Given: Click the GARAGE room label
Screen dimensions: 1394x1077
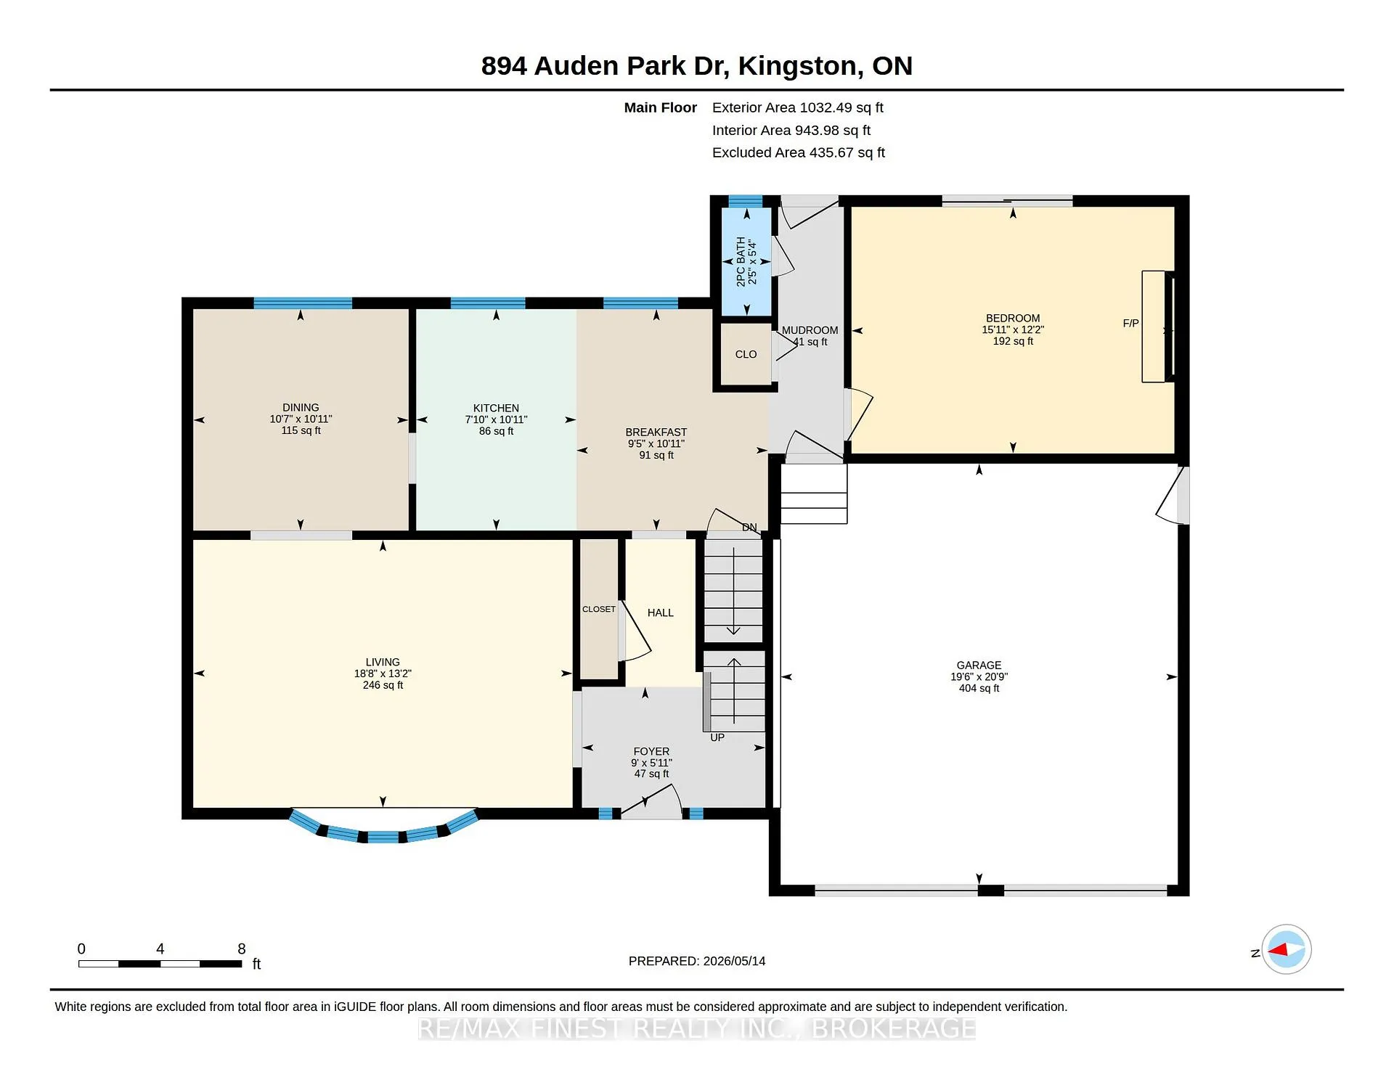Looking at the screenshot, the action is point(979,665).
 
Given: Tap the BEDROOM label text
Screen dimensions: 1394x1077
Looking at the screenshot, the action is point(1013,318).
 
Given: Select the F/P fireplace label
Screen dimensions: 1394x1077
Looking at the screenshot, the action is point(1130,324).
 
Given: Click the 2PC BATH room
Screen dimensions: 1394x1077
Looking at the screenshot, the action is point(746,261).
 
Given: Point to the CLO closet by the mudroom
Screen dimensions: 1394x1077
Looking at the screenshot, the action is point(746,354).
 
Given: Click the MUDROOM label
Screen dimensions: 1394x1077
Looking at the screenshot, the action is point(810,330).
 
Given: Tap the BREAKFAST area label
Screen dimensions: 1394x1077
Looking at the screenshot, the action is point(656,432).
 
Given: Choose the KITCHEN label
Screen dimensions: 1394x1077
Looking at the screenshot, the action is point(496,408).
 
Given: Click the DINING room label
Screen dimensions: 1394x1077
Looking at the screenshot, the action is point(301,407).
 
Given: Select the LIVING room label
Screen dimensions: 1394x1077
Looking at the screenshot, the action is point(383,662).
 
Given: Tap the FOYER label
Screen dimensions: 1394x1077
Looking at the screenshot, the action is point(651,751).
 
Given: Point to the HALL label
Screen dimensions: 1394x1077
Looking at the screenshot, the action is point(661,613).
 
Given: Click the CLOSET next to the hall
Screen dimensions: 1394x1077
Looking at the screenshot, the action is point(599,609).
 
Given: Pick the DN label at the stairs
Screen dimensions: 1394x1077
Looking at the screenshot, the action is point(749,528).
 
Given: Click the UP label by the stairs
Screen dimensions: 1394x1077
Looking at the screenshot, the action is point(717,737).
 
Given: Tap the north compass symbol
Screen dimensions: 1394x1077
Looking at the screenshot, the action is point(1286,949).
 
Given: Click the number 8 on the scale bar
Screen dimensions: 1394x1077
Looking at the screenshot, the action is point(242,949).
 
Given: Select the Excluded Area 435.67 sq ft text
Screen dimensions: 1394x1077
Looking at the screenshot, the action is point(799,152).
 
